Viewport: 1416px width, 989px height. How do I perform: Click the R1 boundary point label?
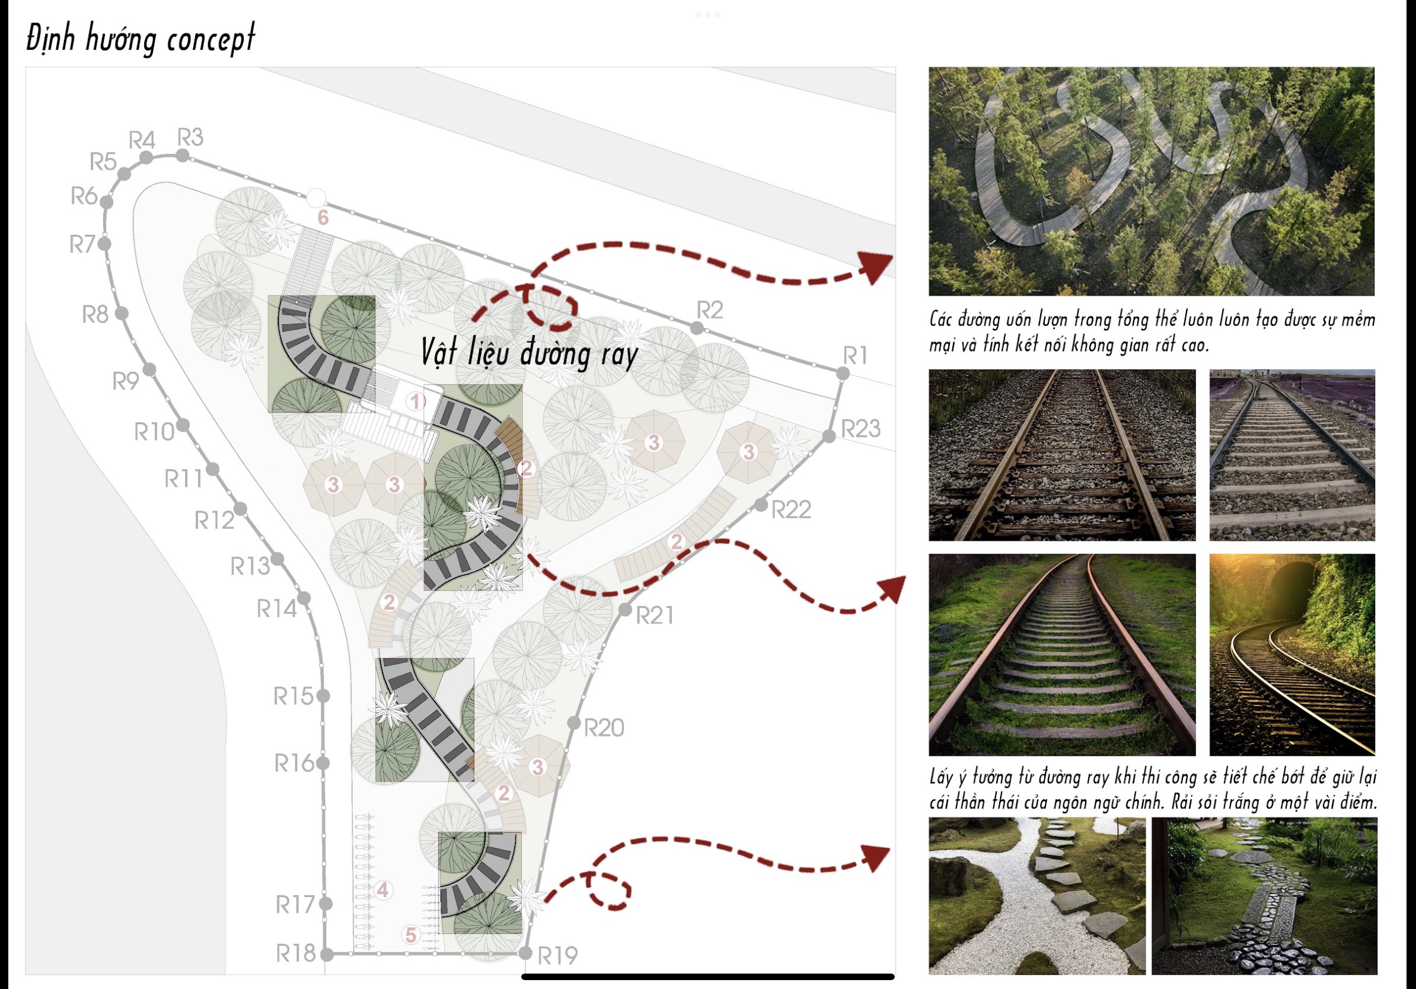point(856,356)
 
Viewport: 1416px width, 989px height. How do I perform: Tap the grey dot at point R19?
point(525,953)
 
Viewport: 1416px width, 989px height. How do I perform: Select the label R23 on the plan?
point(861,429)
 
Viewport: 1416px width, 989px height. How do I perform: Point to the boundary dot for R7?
point(105,244)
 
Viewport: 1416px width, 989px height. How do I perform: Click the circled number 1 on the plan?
point(416,402)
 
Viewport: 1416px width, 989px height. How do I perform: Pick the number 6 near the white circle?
point(323,218)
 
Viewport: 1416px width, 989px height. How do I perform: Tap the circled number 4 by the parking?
point(383,891)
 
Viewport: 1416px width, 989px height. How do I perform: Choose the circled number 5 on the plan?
point(411,934)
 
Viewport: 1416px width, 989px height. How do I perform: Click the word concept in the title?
point(211,40)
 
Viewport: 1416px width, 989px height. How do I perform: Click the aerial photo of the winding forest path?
point(1152,181)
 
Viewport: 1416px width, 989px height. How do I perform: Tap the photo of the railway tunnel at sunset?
point(1292,654)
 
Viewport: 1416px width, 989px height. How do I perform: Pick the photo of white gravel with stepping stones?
point(1037,896)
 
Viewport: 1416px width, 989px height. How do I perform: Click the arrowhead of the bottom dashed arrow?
point(876,859)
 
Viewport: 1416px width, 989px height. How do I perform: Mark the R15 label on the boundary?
point(294,697)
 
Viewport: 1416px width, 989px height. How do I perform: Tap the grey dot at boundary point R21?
point(626,609)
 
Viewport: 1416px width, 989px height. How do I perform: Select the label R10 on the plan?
point(154,432)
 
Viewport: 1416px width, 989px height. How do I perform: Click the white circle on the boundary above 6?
point(316,198)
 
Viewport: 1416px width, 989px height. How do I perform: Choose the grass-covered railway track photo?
point(1062,654)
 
